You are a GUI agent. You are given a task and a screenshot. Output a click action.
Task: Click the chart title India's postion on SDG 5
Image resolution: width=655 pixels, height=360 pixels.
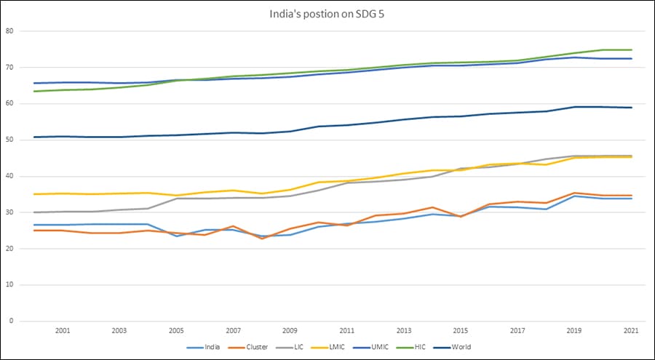click(327, 13)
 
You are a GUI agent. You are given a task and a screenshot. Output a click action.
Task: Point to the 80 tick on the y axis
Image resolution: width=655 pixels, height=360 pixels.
click(9, 31)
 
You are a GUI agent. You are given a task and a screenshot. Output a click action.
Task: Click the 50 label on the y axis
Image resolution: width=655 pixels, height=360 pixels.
click(9, 140)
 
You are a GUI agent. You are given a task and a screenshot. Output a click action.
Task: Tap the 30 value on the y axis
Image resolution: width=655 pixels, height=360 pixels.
click(9, 212)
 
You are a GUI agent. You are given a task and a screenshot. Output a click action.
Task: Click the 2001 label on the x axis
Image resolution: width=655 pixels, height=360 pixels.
click(63, 331)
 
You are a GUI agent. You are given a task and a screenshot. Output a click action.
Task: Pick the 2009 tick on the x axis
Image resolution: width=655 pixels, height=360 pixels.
click(290, 331)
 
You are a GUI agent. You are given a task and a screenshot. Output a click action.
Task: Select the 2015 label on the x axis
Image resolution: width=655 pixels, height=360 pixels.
click(461, 331)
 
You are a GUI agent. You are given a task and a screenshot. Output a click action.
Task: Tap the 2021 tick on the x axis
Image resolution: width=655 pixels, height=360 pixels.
click(631, 331)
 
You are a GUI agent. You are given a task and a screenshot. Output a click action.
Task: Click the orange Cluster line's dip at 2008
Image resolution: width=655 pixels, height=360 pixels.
click(261, 239)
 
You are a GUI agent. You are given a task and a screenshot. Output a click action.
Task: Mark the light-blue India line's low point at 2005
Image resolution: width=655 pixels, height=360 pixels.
click(176, 236)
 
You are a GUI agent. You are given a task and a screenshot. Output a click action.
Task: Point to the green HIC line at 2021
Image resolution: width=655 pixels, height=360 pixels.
click(631, 49)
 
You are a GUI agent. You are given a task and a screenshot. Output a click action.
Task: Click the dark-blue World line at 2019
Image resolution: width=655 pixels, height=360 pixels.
click(574, 107)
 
